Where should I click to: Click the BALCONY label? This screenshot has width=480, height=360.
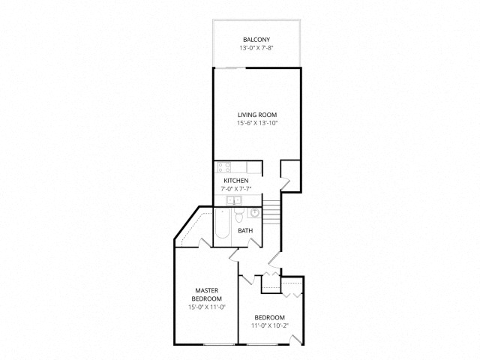[x=256, y=40]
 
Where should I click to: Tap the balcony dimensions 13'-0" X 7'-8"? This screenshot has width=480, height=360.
[x=256, y=48]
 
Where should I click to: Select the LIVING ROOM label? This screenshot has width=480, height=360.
[x=257, y=115]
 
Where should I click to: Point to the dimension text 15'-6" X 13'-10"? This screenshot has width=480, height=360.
[x=257, y=123]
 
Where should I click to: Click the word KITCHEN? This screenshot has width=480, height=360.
[x=236, y=181]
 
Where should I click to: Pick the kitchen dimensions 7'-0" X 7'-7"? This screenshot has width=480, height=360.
[x=236, y=189]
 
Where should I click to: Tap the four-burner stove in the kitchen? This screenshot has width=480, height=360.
[x=224, y=167]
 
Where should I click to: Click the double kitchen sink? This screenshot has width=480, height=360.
[x=234, y=201]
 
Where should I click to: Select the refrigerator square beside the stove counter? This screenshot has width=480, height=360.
[x=254, y=167]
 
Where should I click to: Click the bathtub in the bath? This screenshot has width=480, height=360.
[x=222, y=223]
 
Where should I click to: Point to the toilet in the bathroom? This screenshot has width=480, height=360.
[x=238, y=215]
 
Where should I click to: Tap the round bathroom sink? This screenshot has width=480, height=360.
[x=254, y=212]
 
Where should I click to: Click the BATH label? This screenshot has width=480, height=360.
[x=245, y=231]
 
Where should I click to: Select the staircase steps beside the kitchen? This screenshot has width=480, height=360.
[x=271, y=211]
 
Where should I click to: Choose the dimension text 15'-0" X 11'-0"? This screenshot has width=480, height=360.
[x=207, y=307]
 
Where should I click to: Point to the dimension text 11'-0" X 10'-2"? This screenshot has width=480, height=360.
[x=270, y=325]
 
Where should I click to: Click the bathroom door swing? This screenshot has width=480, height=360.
[x=254, y=243]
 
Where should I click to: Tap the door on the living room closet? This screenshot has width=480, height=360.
[x=285, y=184]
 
